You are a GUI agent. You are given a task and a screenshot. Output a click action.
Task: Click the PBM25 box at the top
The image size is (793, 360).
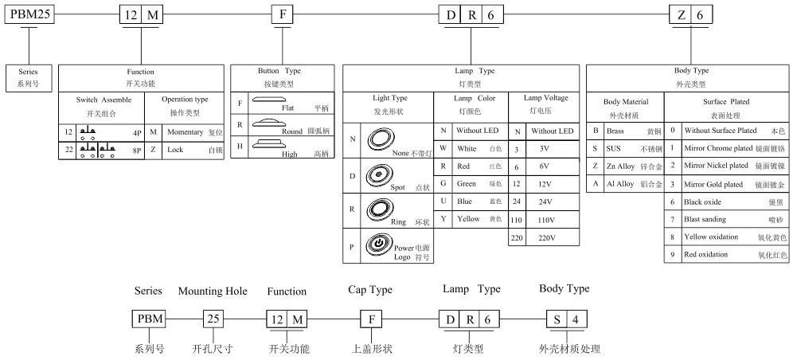coord(29,14)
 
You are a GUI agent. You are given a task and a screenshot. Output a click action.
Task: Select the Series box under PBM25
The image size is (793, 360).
coord(28,78)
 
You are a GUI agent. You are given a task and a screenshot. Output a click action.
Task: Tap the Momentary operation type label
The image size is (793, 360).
coord(185,132)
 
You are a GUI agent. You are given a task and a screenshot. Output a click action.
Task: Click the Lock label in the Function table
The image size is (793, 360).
coord(175,150)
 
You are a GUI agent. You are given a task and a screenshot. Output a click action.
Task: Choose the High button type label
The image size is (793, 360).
coord(290,155)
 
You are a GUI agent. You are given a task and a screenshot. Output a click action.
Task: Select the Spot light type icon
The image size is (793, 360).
coord(377,175)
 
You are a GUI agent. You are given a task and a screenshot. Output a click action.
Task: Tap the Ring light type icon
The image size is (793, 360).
coord(378,209)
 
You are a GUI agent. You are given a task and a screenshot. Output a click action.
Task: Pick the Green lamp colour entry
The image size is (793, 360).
coord(467,183)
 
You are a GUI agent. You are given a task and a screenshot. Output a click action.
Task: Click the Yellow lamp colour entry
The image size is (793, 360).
coord(468,219)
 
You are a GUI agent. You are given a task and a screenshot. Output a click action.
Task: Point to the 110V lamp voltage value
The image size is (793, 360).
coord(547,220)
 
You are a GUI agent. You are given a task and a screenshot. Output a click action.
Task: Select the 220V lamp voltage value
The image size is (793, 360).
coord(547,237)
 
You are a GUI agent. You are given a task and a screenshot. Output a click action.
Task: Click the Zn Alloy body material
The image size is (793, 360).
coord(620,166)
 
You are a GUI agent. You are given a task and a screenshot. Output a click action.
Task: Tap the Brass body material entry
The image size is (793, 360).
coord(615,131)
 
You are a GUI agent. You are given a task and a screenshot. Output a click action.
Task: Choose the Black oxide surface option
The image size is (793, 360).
coord(702,202)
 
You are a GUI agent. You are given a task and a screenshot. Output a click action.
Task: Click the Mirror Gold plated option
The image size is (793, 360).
coord(713,185)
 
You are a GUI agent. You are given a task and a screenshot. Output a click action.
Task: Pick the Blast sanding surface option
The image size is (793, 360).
coord(705,220)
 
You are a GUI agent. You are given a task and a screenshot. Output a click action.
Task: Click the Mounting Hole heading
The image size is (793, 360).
coord(213,292)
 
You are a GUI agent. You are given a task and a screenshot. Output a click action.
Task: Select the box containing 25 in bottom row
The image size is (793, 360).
coord(213,319)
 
